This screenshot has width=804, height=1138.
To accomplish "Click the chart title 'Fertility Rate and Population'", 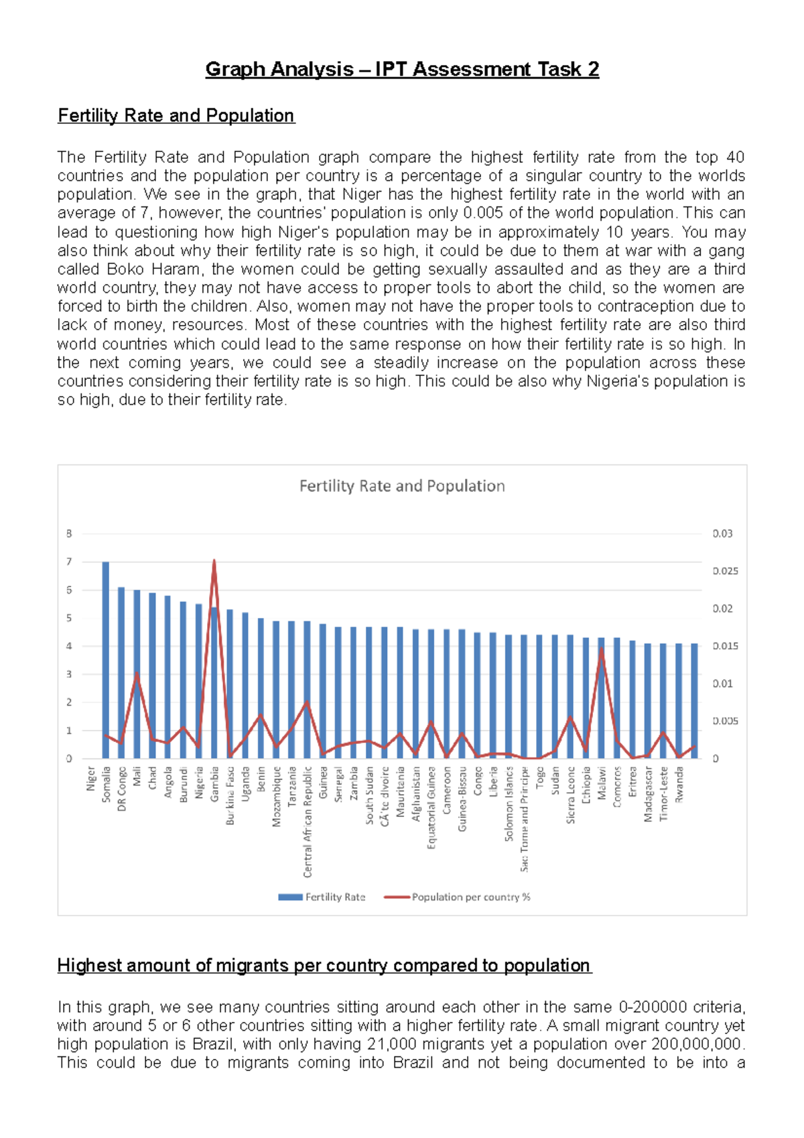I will click(x=401, y=486).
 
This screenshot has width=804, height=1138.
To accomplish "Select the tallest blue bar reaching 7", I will click(x=106, y=660).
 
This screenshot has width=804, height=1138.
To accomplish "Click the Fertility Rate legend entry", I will click(x=322, y=897).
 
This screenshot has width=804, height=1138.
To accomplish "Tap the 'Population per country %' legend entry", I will click(x=458, y=897).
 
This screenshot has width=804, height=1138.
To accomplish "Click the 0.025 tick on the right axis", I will click(x=725, y=571).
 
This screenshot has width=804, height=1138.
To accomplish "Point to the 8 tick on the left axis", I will click(x=68, y=533).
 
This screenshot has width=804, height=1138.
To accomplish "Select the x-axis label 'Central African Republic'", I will click(x=308, y=822).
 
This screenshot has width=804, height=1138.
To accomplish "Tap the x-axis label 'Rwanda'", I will click(x=679, y=785).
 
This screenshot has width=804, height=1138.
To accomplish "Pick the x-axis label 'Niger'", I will click(x=91, y=779).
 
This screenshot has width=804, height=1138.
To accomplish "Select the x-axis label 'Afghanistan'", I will click(x=416, y=794).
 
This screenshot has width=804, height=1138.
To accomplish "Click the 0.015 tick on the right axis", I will click(x=725, y=646).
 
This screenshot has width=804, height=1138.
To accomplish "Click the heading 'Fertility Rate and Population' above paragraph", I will click(x=176, y=115).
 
